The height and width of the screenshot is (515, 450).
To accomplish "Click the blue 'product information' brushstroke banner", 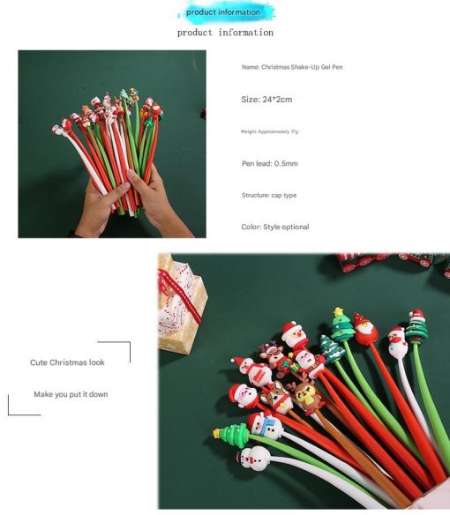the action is click(x=226, y=12).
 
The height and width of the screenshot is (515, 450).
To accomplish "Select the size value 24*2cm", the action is click(x=277, y=99).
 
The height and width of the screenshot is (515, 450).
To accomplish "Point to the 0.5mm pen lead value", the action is click(x=286, y=163).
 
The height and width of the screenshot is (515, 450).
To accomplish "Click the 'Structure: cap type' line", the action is click(x=269, y=195).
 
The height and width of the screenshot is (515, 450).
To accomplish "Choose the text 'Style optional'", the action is click(x=286, y=227).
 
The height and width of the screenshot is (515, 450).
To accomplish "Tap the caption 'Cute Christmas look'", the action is click(x=67, y=362).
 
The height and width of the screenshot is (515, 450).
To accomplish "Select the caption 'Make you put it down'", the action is click(x=71, y=394).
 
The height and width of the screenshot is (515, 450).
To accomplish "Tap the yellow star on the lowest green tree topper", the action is click(x=217, y=433).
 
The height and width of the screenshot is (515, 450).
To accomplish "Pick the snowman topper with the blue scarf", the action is click(x=266, y=426).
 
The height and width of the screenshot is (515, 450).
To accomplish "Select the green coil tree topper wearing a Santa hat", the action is click(x=416, y=326).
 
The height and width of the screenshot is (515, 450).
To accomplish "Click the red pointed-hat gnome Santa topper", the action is click(x=365, y=329).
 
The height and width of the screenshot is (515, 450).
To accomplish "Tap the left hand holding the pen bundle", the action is click(x=98, y=208).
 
